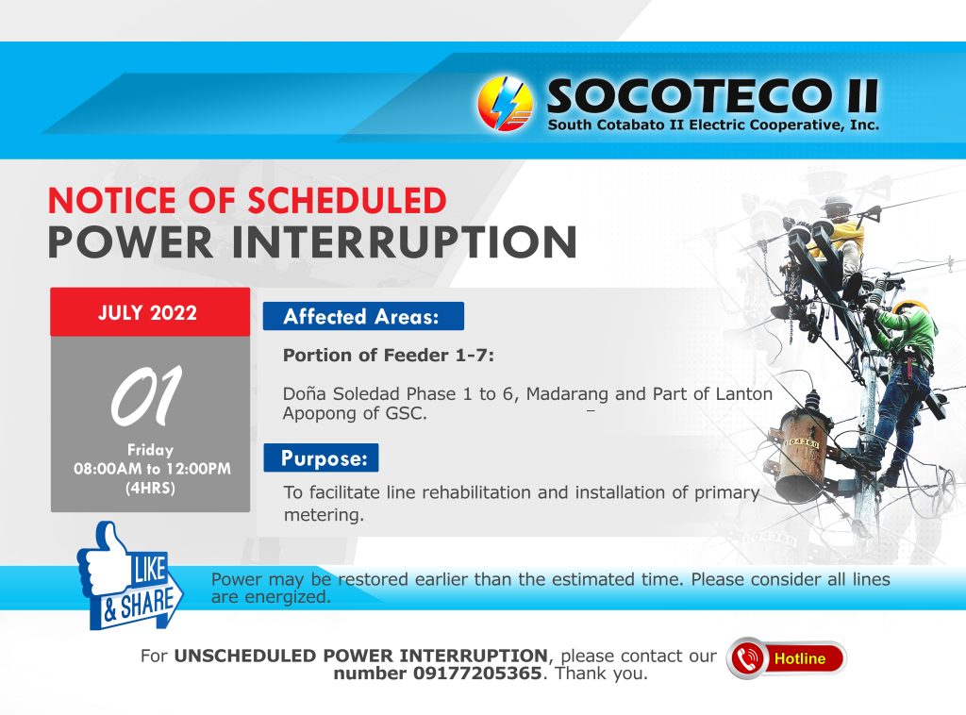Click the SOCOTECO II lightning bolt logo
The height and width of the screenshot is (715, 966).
[505, 104]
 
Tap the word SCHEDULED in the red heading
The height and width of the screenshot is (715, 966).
[347, 200]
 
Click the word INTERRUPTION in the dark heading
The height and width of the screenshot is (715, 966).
[404, 242]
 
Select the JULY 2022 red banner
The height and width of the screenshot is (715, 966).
[150, 311]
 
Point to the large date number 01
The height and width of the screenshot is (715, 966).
[146, 396]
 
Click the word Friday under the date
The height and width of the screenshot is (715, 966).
[150, 450]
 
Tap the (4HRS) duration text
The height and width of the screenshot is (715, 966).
[150, 489]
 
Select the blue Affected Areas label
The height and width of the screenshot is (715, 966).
[363, 316]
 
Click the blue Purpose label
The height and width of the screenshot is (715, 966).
[321, 457]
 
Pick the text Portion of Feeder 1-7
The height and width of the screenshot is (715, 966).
[388, 356]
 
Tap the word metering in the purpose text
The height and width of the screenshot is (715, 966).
[324, 515]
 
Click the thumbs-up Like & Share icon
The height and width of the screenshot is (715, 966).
[129, 576]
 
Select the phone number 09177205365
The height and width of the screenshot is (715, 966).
[476, 673]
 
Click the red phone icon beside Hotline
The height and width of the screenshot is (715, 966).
[747, 658]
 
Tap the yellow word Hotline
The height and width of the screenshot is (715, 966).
[800, 658]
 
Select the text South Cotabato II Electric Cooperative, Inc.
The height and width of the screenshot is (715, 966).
[713, 125]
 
